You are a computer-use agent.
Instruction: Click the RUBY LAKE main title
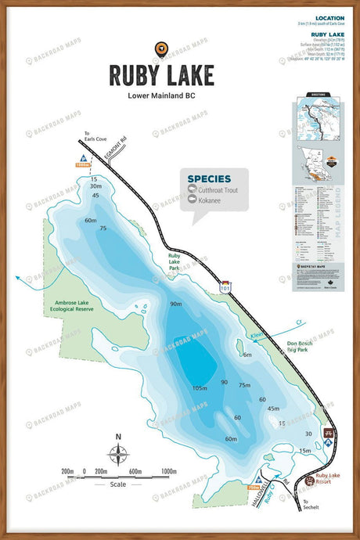(x=161, y=75)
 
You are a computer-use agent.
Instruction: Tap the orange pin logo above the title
(x=161, y=49)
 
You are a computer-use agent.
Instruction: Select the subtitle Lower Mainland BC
(x=161, y=96)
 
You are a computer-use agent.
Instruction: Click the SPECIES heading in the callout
(x=209, y=178)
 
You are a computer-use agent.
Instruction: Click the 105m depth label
(x=200, y=388)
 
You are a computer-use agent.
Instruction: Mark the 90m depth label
(x=175, y=304)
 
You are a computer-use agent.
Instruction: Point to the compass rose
(x=118, y=453)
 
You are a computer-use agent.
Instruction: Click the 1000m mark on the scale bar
(x=168, y=472)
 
